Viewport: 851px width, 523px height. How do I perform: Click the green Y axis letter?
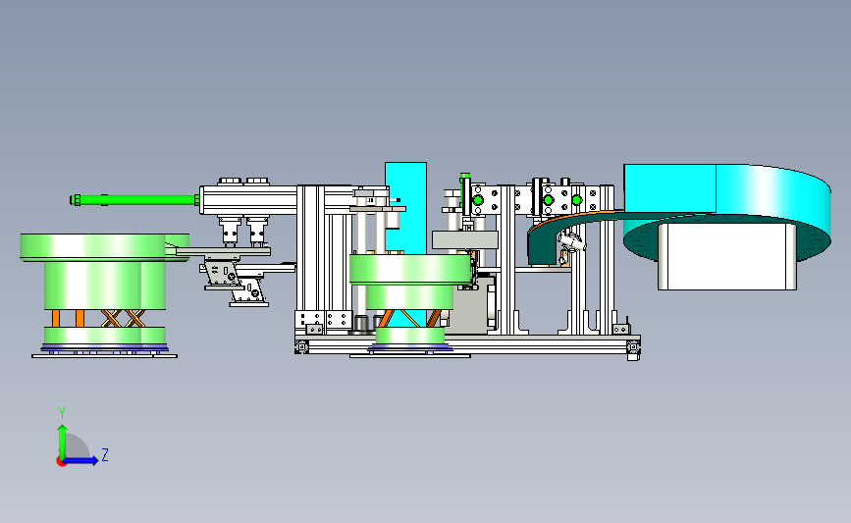pyautogui.click(x=62, y=413)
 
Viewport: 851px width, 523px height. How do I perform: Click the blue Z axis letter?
pyautogui.click(x=105, y=454)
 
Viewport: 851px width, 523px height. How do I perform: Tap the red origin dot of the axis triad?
pyautogui.click(x=61, y=462)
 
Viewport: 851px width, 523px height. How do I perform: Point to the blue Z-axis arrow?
pyautogui.click(x=80, y=460)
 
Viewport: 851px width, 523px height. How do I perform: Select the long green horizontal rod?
pyautogui.click(x=135, y=199)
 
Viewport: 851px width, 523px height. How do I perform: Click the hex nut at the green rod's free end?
pyautogui.click(x=76, y=199)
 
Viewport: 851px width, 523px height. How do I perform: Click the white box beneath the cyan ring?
pyautogui.click(x=727, y=256)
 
